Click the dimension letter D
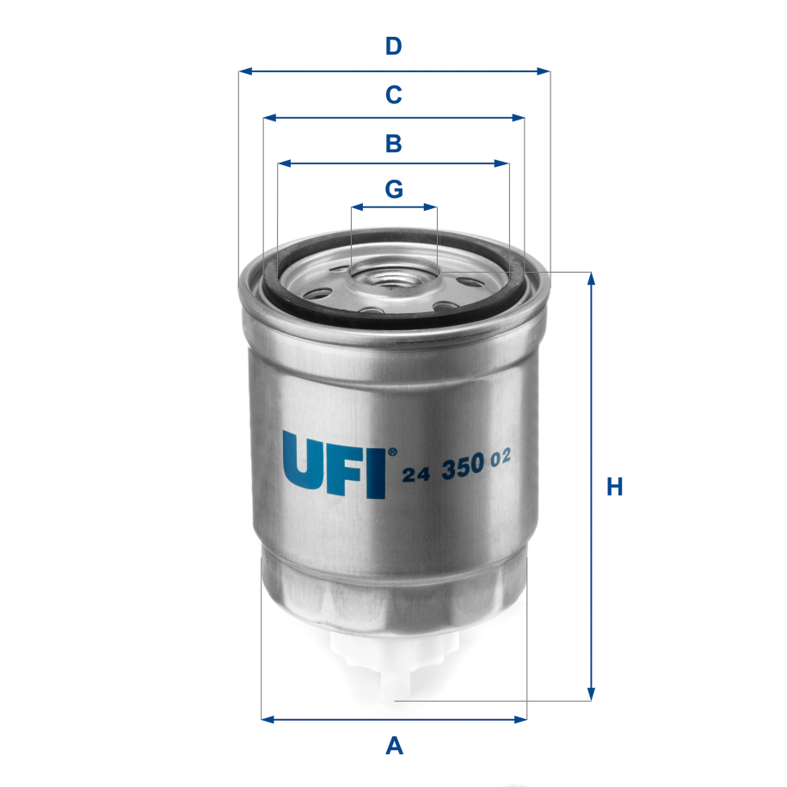pos(393,46)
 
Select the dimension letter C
pos(393,95)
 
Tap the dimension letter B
pos(393,143)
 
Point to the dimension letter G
pos(393,188)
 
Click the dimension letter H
pos(614,487)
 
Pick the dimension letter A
pos(394,745)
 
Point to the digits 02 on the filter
pos(501,459)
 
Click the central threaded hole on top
pos(393,277)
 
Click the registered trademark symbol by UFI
pos(392,450)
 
